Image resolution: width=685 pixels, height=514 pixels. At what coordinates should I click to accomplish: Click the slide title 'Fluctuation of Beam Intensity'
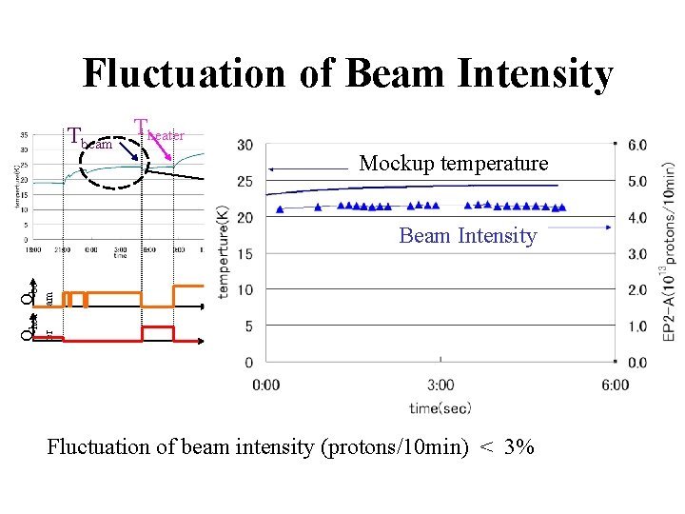[x=347, y=73]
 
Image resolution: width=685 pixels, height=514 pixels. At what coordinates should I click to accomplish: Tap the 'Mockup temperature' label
[x=453, y=164]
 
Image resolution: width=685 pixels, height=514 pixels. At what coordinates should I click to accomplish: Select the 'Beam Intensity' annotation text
[x=467, y=235]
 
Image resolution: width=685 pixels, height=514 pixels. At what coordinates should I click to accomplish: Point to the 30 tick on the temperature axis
[x=245, y=145]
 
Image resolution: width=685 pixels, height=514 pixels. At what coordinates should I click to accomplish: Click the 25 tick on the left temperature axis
[x=245, y=181]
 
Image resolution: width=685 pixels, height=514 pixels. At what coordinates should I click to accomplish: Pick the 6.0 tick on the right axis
[x=637, y=145]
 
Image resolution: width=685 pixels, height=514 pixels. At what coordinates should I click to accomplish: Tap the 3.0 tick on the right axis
[x=637, y=254]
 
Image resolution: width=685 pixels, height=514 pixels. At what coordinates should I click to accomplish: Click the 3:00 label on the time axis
[x=440, y=385]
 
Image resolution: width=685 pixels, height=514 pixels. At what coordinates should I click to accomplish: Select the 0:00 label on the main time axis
[x=266, y=385]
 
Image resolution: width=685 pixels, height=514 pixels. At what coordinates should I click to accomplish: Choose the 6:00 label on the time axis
[x=616, y=385]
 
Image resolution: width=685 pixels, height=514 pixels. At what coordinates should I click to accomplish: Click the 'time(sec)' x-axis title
[x=440, y=406]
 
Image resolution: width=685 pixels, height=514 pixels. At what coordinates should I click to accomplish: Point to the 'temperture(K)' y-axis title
[x=225, y=253]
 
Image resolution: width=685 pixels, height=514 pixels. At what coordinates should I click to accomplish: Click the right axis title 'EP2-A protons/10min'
[x=668, y=251]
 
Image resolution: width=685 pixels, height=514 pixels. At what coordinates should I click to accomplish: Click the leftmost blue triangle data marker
[x=280, y=208]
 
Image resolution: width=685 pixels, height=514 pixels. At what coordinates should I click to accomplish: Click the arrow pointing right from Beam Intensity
[x=580, y=228]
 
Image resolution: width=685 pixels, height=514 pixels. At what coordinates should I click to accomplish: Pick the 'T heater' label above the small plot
[x=158, y=130]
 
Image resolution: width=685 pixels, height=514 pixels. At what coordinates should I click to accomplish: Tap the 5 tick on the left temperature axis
[x=247, y=326]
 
